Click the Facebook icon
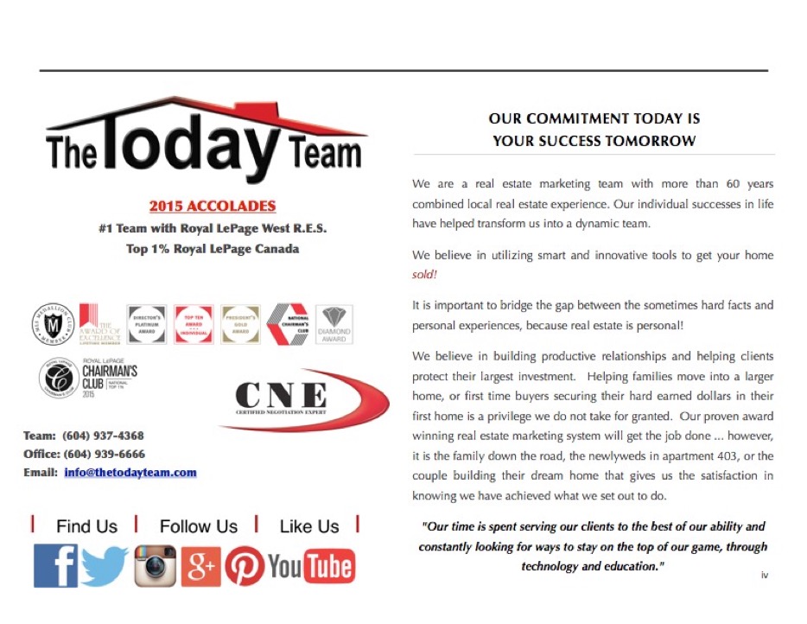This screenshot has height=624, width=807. [x=55, y=566]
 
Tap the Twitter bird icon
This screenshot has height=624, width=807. [x=105, y=566]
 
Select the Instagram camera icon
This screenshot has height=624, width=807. [x=156, y=566]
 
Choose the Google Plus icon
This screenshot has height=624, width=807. [x=200, y=567]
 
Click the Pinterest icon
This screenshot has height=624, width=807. [x=245, y=567]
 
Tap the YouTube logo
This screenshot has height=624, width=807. [x=311, y=567]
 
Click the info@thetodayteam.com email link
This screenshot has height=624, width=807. [x=130, y=473]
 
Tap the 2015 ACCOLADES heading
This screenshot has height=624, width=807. [x=213, y=207]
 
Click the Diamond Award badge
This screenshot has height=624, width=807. [x=334, y=324]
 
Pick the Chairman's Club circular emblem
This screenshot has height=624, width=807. [x=60, y=379]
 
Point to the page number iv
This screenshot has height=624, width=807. [x=765, y=574]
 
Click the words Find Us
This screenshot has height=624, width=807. [x=86, y=526]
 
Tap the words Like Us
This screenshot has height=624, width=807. [x=309, y=526]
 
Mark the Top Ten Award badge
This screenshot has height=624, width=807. [x=194, y=324]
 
